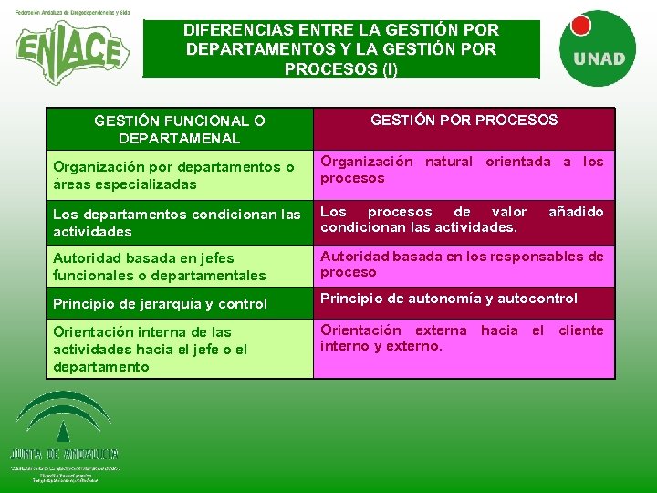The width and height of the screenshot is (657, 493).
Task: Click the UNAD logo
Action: click(599, 46)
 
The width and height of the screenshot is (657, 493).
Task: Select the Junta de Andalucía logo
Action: click(64, 434)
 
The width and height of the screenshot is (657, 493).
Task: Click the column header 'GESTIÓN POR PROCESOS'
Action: click(464, 120)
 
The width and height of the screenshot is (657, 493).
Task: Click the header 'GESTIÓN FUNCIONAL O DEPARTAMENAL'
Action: click(180, 129)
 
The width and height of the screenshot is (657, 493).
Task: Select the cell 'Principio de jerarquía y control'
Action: click(161, 304)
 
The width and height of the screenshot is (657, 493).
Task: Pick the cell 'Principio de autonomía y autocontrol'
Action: click(448, 299)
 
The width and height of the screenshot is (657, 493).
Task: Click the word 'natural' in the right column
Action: click(449, 162)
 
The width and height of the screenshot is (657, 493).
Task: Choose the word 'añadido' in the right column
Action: click(576, 212)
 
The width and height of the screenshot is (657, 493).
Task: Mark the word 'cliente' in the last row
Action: click(581, 330)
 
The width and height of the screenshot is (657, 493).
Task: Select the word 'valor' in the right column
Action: click(508, 212)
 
